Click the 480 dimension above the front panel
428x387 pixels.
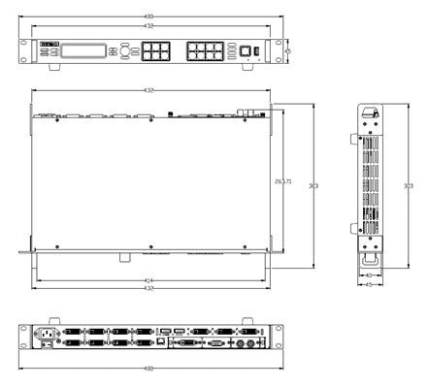pyautogui.click(x=148, y=16)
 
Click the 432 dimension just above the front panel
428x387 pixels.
pyautogui.click(x=148, y=27)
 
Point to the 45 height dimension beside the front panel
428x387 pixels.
pyautogui.click(x=287, y=49)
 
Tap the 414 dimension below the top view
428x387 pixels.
pyautogui.click(x=148, y=280)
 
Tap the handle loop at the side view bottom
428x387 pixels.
pyautogui.click(x=369, y=258)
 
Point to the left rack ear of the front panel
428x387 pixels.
pyautogui.click(x=24, y=49)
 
